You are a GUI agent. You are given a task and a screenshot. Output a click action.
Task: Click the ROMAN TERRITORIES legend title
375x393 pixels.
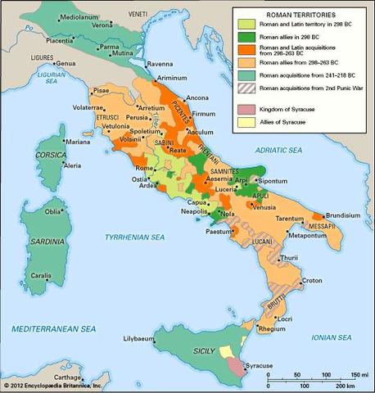click(296, 13)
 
